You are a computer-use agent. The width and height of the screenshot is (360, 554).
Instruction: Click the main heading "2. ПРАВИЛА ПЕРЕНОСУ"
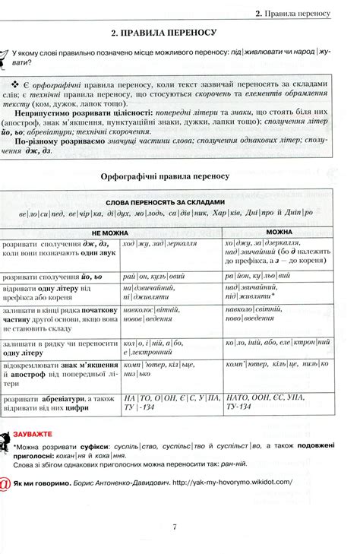pyautogui.click(x=163, y=33)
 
